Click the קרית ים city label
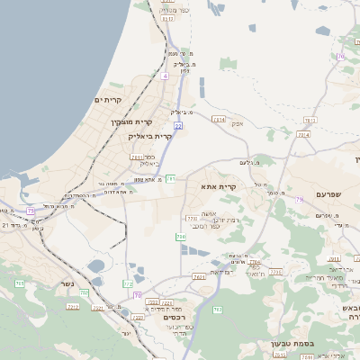108,101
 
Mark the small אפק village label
237,124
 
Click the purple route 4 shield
166,76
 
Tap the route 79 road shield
298,198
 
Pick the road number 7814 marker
303,134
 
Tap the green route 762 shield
217,310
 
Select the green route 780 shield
181,237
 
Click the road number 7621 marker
199,278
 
